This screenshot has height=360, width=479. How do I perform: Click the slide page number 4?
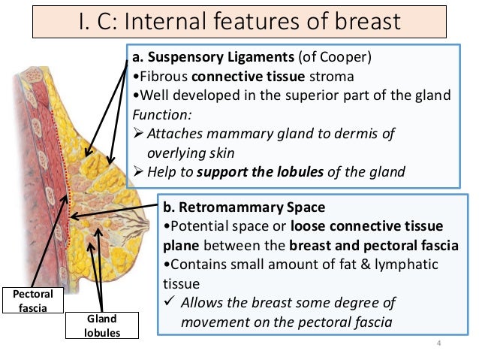[x=438, y=343]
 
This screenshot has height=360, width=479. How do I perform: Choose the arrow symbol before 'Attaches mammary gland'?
[x=137, y=134]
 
